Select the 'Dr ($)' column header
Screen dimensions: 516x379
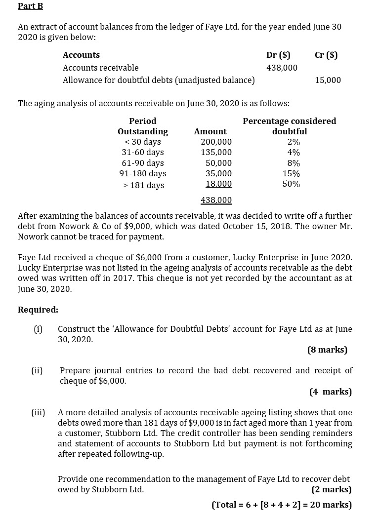click(x=278, y=55)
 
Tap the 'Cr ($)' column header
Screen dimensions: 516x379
click(x=326, y=55)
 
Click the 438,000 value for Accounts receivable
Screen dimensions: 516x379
click(x=282, y=68)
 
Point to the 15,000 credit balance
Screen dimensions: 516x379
click(x=328, y=80)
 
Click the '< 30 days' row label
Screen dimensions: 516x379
click(x=142, y=142)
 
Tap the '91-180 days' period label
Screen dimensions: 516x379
click(x=143, y=173)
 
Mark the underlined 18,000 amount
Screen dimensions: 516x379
click(x=218, y=184)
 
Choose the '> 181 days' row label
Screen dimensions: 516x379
click(x=143, y=185)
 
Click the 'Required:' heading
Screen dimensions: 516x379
click(x=38, y=310)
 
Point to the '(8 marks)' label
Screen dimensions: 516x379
click(x=327, y=350)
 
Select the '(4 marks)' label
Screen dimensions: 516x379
click(x=330, y=392)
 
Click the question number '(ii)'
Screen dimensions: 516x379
click(x=37, y=370)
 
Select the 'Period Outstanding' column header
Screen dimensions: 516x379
click(x=143, y=126)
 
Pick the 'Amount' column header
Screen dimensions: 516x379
click(x=210, y=131)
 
